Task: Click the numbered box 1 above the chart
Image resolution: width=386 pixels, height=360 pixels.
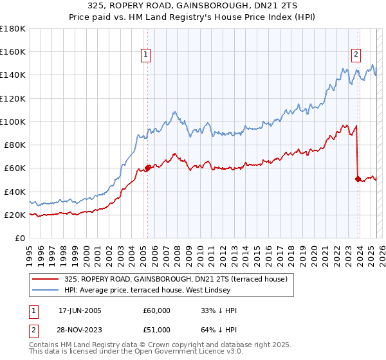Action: point(147,55)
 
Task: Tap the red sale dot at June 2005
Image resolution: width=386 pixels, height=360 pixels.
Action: point(147,168)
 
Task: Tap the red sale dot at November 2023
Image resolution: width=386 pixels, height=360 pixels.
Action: point(358,179)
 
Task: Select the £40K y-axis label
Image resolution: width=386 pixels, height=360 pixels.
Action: point(15,192)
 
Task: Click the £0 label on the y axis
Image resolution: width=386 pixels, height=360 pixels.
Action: point(21,238)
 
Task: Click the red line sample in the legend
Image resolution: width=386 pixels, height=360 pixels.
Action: point(44,280)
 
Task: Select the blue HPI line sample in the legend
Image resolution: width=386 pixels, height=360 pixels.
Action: point(44,291)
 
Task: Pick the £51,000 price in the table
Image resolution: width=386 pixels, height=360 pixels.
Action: point(156,330)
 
